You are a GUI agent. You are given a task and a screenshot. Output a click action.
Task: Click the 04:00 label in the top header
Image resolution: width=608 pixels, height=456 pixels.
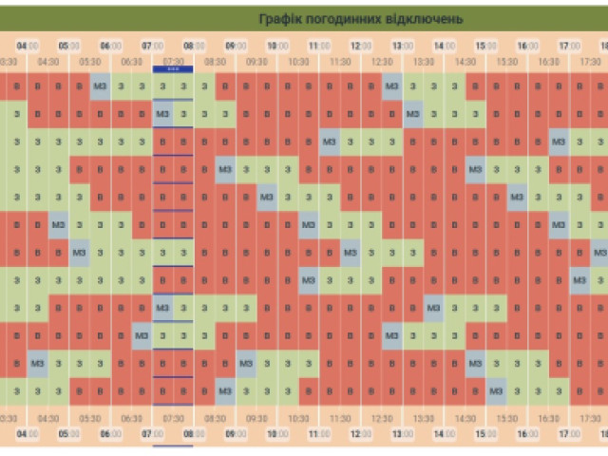[x=28, y=45]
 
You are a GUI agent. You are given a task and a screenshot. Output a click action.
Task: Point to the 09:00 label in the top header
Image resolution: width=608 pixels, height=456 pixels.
[x=236, y=45]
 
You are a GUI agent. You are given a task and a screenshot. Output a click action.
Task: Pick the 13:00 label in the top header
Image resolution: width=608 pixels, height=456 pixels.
[x=403, y=45]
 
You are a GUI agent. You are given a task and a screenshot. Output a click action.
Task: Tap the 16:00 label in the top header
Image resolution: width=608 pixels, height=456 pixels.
[x=527, y=45]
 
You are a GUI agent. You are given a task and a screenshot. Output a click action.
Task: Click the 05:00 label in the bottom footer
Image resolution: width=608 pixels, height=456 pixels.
[x=69, y=433]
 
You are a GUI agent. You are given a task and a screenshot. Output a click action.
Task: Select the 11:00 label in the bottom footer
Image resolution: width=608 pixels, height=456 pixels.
[x=319, y=433]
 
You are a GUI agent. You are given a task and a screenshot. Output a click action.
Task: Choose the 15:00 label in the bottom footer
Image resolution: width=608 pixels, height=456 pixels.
[x=485, y=433]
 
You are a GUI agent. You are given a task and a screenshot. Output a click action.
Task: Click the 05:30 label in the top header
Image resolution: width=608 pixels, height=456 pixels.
[x=90, y=62]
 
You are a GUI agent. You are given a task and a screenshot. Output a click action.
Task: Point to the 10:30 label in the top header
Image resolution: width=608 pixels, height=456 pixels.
[x=298, y=62]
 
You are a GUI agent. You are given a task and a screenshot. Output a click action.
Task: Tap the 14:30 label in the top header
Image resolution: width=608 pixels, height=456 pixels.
[x=465, y=62]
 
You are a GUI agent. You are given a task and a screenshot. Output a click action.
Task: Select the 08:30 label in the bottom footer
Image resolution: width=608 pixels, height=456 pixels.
[x=215, y=417]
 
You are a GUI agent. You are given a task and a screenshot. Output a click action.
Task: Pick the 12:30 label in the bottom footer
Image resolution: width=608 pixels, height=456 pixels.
[x=382, y=417]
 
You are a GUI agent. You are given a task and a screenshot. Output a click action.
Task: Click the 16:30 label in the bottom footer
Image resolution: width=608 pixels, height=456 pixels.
[x=548, y=417]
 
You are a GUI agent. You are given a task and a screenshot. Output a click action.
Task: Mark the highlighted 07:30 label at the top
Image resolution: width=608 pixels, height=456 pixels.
[x=173, y=62]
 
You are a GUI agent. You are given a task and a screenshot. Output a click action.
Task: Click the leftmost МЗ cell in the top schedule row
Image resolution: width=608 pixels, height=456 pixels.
[x=101, y=87]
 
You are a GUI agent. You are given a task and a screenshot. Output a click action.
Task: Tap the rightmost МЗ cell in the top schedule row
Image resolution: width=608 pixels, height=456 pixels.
[x=392, y=87]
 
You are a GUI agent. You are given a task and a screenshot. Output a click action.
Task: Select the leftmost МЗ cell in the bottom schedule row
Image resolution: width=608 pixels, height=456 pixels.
[x=225, y=390]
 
